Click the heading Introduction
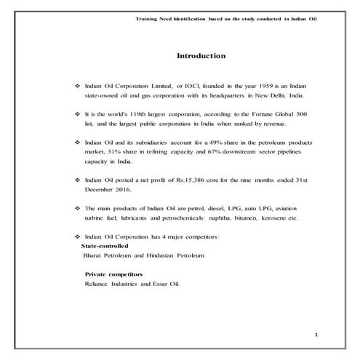[201, 55]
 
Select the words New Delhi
[262, 95]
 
